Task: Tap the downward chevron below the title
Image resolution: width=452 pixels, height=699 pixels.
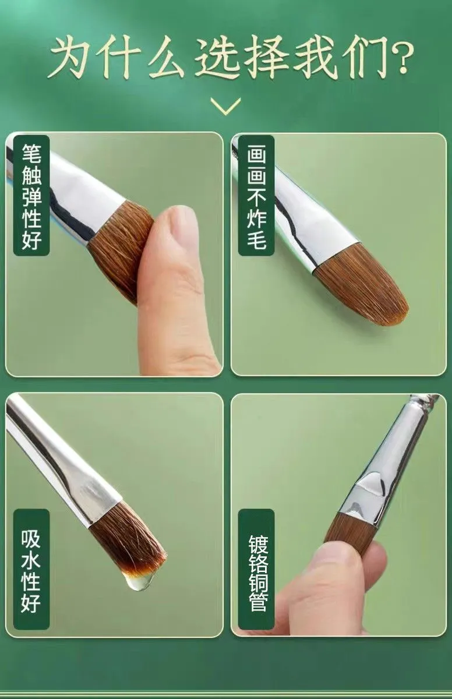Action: [226, 106]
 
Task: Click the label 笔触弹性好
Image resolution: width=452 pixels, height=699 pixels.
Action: [31, 196]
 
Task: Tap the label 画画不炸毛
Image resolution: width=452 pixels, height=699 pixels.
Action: [256, 196]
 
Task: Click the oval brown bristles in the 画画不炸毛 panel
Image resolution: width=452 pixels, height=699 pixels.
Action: [362, 287]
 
